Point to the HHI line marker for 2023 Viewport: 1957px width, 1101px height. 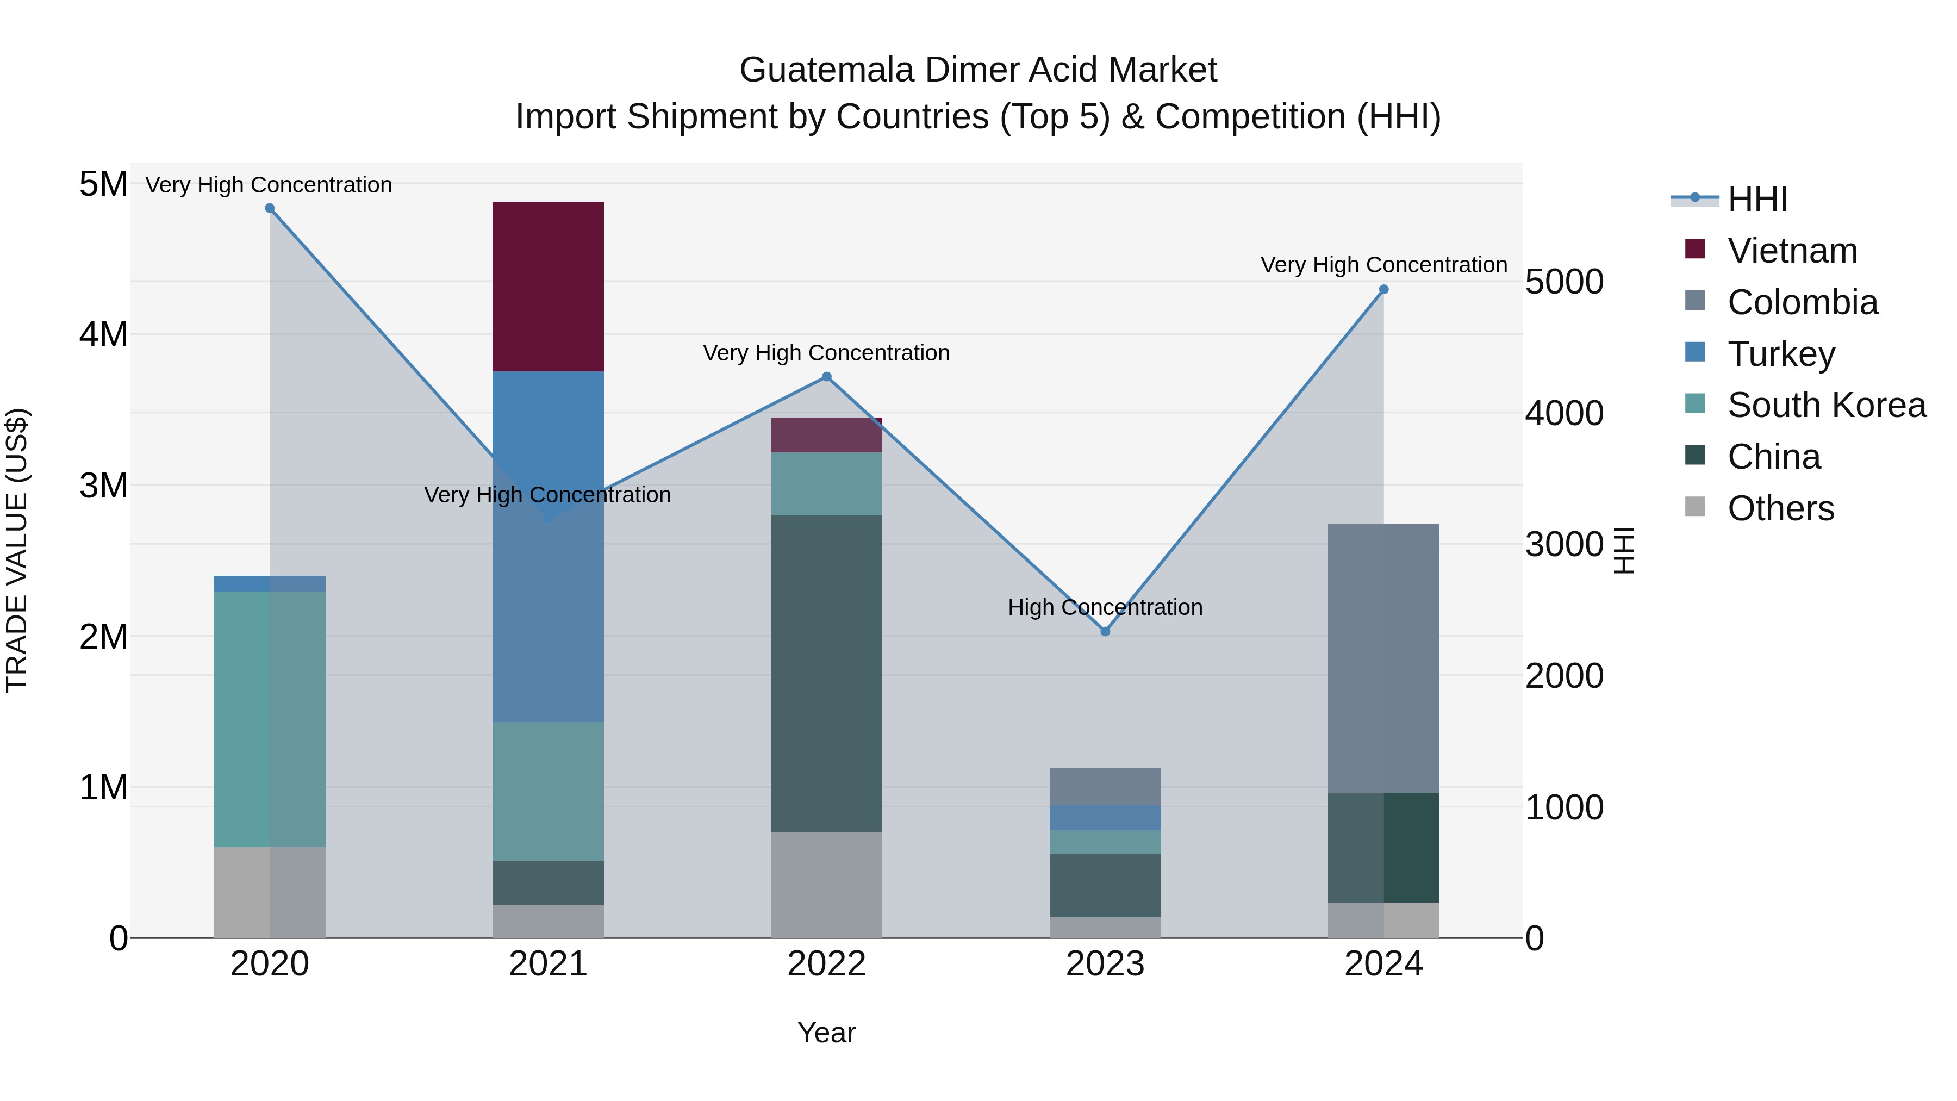point(1105,631)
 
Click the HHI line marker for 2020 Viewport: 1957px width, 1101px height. point(270,208)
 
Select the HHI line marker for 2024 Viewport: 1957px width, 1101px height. point(1383,289)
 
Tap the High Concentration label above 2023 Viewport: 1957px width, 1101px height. point(1105,607)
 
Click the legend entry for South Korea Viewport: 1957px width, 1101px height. point(1827,405)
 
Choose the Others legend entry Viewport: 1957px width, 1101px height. point(1781,508)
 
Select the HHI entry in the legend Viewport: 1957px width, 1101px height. point(1757,199)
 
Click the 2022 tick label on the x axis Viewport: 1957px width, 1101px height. point(826,964)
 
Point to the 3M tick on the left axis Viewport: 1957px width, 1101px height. point(103,486)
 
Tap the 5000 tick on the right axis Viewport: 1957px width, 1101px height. point(1564,282)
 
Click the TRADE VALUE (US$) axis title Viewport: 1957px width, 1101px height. point(17,550)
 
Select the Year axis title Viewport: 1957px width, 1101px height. point(826,1032)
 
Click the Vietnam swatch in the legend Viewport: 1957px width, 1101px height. point(1695,249)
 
